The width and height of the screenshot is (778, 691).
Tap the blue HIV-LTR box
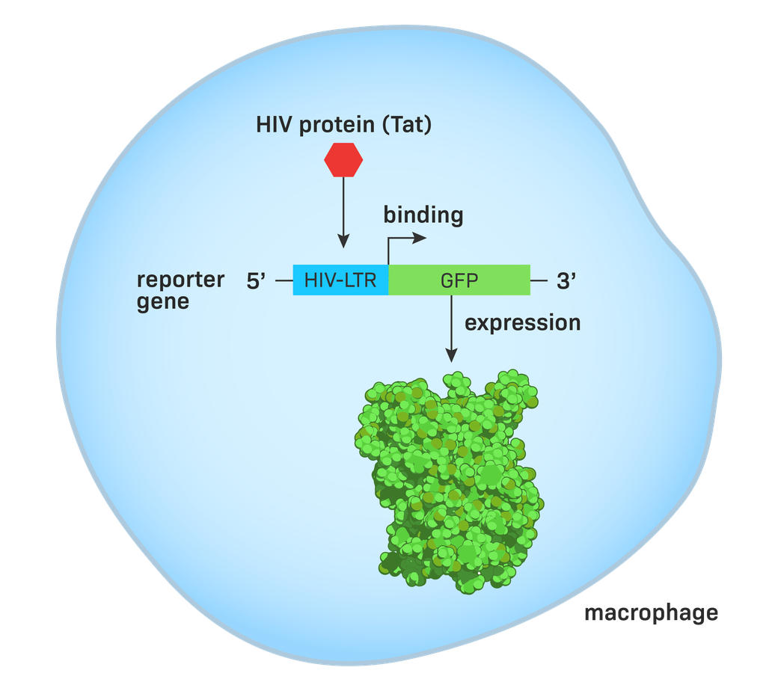340,280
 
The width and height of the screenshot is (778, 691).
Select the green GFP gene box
459,280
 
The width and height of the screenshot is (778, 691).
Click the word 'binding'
423,216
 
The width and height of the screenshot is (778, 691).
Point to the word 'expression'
522,323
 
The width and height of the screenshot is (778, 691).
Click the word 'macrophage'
651,613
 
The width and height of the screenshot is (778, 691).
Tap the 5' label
257,281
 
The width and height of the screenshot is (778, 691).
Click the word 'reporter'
180,280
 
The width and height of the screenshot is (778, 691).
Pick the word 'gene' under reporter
162,302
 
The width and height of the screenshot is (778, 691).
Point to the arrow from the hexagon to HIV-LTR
343,209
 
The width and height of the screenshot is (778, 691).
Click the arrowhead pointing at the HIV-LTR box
343,242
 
